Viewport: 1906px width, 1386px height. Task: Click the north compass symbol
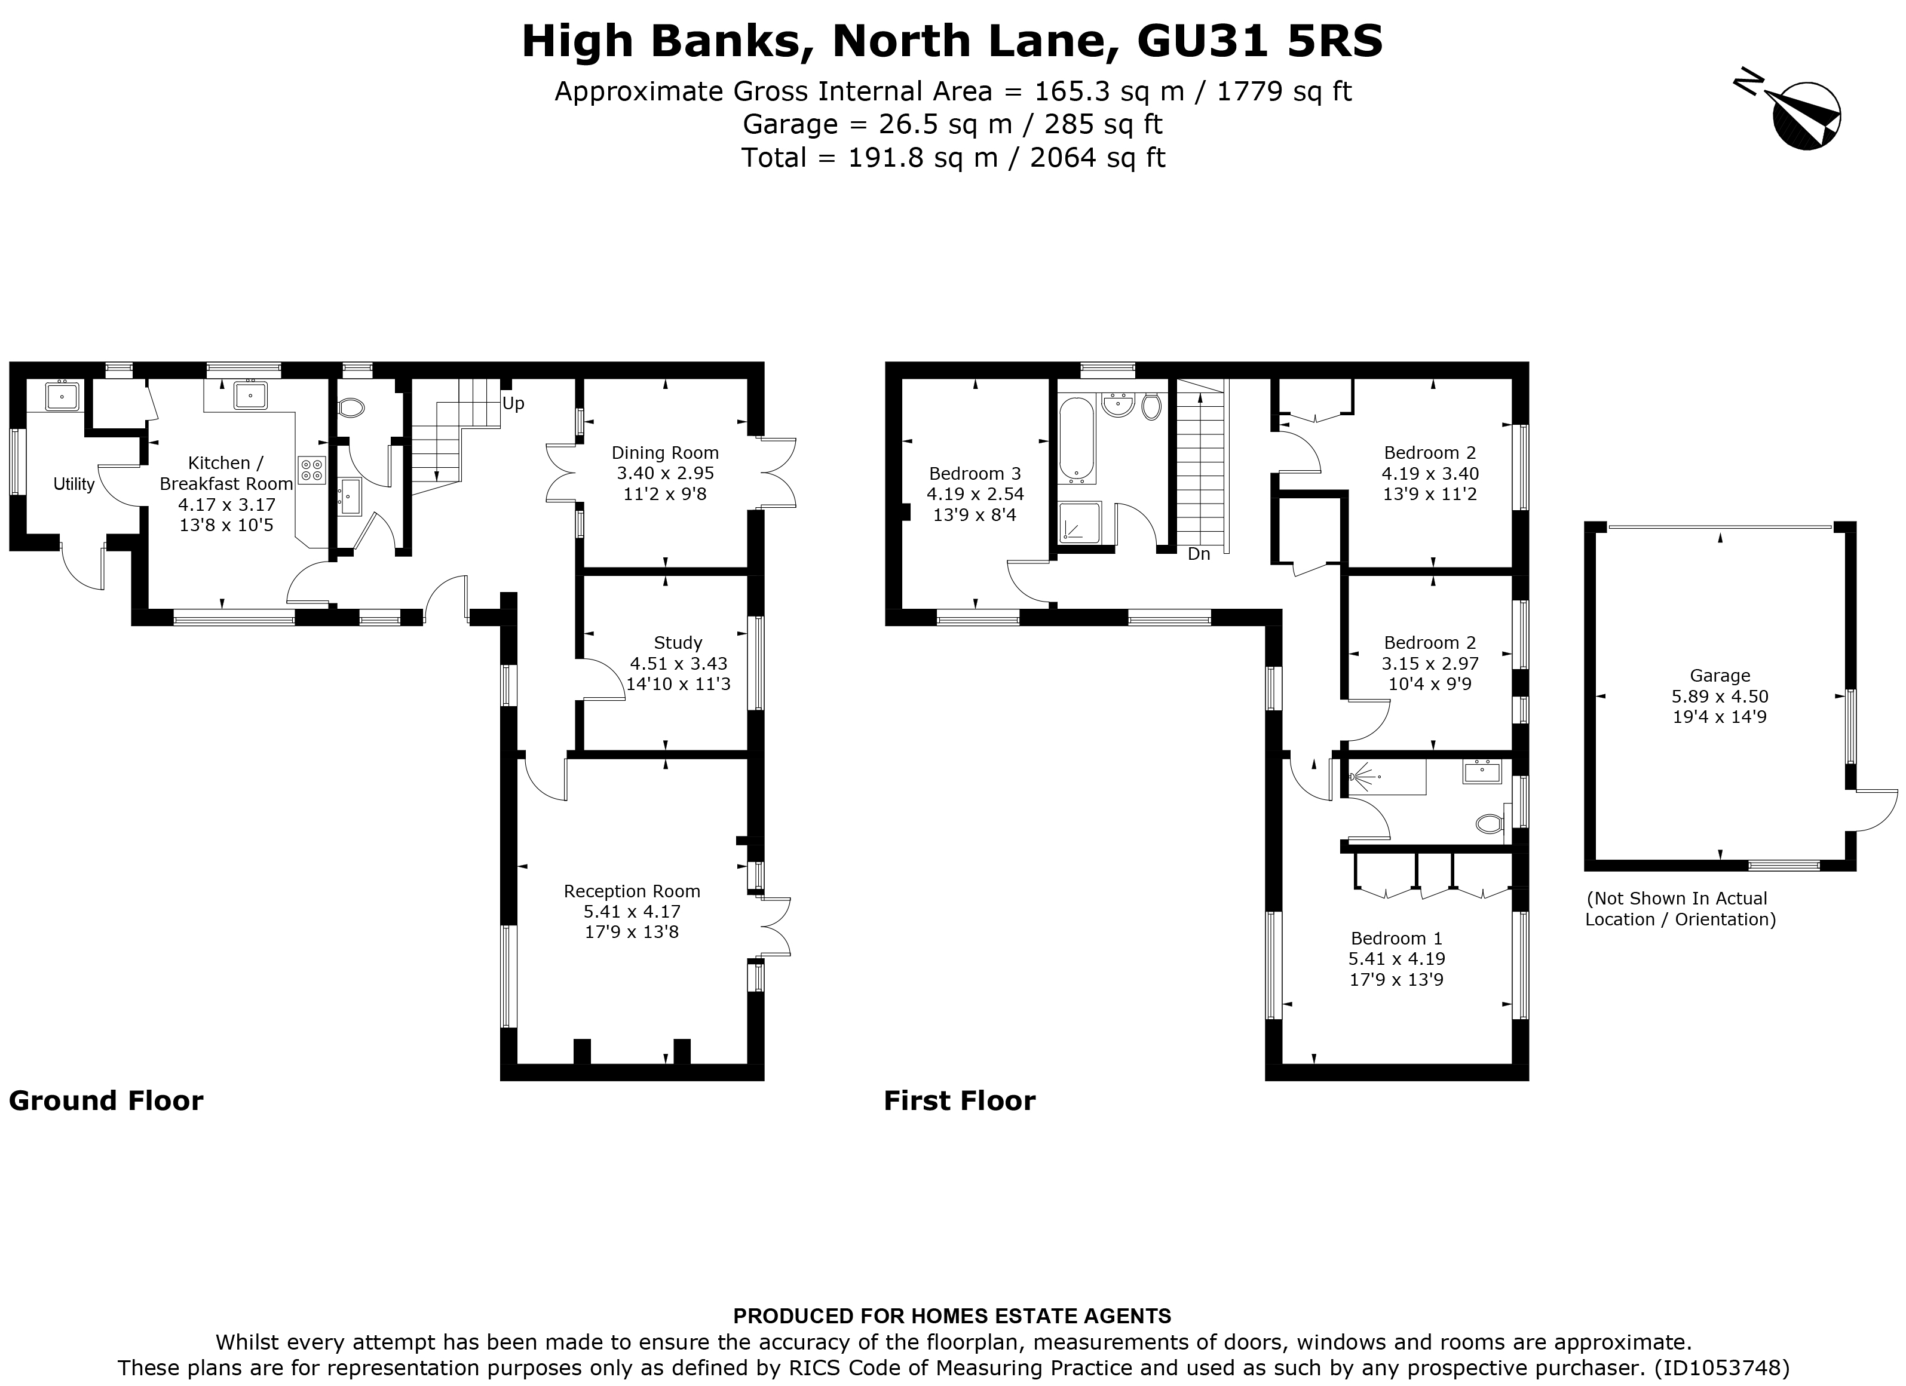point(1804,117)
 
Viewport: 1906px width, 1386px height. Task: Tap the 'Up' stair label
point(513,403)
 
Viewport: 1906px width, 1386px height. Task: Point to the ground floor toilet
point(351,409)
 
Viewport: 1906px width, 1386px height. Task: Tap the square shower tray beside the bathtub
point(1079,522)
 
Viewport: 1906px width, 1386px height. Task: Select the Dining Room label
point(665,453)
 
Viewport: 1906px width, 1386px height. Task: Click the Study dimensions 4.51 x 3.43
point(678,664)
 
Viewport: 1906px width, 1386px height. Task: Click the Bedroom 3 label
point(975,474)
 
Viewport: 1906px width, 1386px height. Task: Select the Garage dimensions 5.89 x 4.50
point(1720,697)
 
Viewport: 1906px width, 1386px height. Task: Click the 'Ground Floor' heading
point(106,1101)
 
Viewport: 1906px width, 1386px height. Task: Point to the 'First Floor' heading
point(959,1101)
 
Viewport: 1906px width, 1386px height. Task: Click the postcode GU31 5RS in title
point(1259,42)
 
